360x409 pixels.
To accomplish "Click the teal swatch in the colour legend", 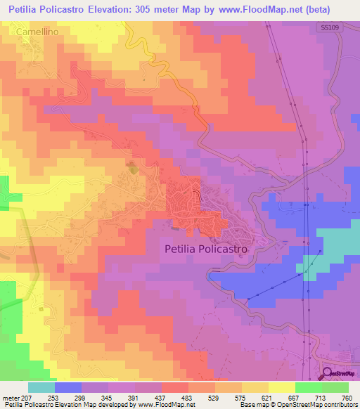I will click(41, 387).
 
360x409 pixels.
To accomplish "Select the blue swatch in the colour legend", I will click(68, 387).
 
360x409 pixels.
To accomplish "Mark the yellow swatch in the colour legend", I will click(281, 387).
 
